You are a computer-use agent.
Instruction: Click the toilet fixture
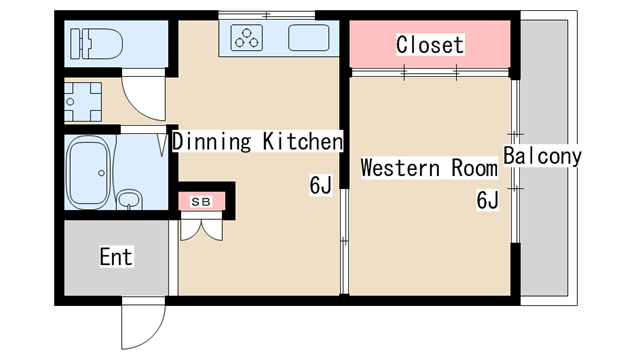pos(96,44)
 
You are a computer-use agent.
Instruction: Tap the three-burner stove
pos(247,38)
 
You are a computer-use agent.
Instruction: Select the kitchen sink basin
pos(309,38)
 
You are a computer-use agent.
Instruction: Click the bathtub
pos(88,172)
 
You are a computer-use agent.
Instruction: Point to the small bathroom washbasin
pos(130,200)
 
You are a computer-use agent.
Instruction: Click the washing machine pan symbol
pos(83,102)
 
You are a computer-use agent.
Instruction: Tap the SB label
pos(201,202)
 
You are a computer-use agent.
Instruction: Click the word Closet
pos(430,44)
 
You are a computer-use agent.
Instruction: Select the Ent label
pos(116,257)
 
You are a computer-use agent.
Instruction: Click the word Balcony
pos(542,156)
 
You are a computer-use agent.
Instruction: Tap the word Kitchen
pos(302,141)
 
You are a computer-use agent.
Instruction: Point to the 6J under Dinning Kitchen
pos(320,185)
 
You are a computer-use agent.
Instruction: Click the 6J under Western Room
pos(487,200)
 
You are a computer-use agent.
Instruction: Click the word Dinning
pos(211,142)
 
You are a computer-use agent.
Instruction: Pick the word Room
pos(475,168)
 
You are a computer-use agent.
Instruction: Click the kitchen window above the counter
pos(267,16)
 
